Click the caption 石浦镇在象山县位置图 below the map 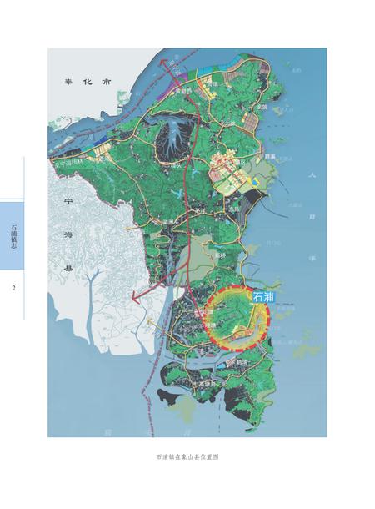point(187,458)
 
